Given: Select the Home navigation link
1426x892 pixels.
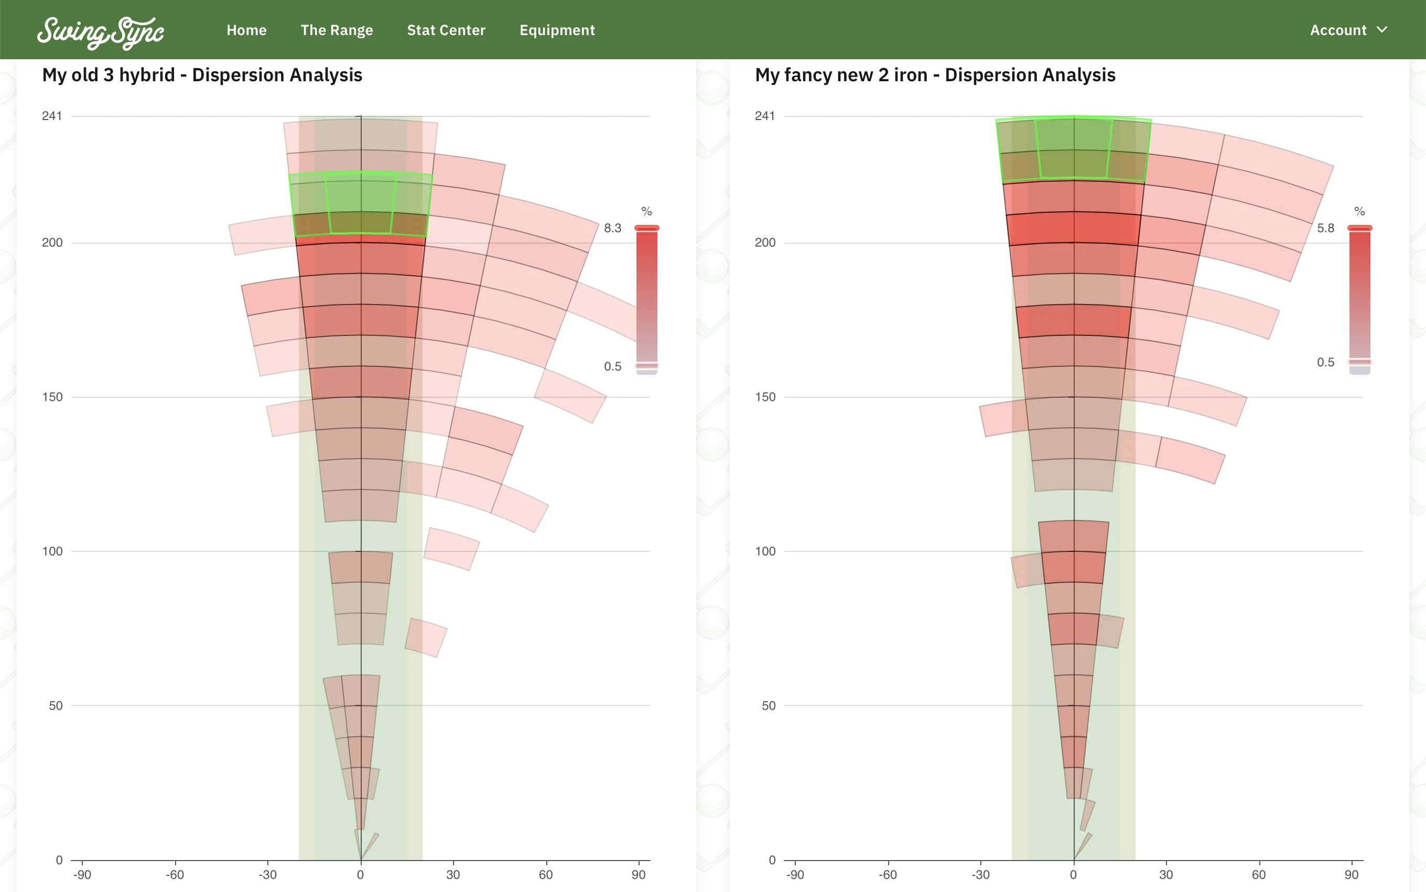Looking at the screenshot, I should tap(246, 30).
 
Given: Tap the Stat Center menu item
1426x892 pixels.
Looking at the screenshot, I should tap(446, 30).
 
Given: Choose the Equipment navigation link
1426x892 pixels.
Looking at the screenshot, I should tap(557, 30).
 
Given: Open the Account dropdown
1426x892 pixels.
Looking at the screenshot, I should tap(1348, 30).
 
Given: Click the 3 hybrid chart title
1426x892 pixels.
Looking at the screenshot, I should tap(202, 75).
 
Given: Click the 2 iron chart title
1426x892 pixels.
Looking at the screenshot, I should tap(935, 75).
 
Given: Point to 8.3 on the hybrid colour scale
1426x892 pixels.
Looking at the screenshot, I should tap(612, 229).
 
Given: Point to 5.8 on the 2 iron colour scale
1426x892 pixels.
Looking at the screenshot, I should tap(1325, 229).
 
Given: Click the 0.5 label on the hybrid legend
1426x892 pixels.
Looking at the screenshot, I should tap(612, 366).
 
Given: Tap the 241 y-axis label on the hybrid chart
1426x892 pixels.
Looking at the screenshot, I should tap(52, 116).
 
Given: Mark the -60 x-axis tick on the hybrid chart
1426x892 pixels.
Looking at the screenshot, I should tap(175, 875).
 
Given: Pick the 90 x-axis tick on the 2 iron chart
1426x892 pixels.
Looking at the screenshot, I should tap(1351, 875).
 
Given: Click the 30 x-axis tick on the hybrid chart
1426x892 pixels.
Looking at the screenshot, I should tap(453, 875).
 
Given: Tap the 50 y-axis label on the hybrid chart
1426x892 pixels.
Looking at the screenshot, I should tap(56, 705).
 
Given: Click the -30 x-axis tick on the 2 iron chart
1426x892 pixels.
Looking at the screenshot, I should tap(980, 875).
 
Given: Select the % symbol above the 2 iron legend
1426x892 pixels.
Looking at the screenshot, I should tap(1359, 211).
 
